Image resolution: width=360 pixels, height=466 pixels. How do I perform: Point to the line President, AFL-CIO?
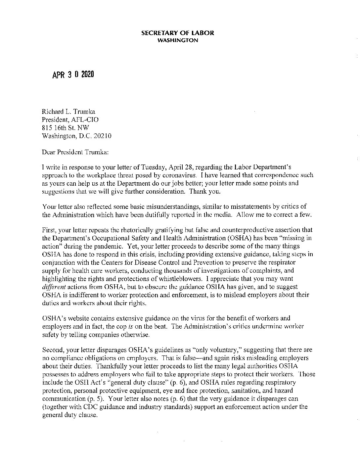click(70, 120)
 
